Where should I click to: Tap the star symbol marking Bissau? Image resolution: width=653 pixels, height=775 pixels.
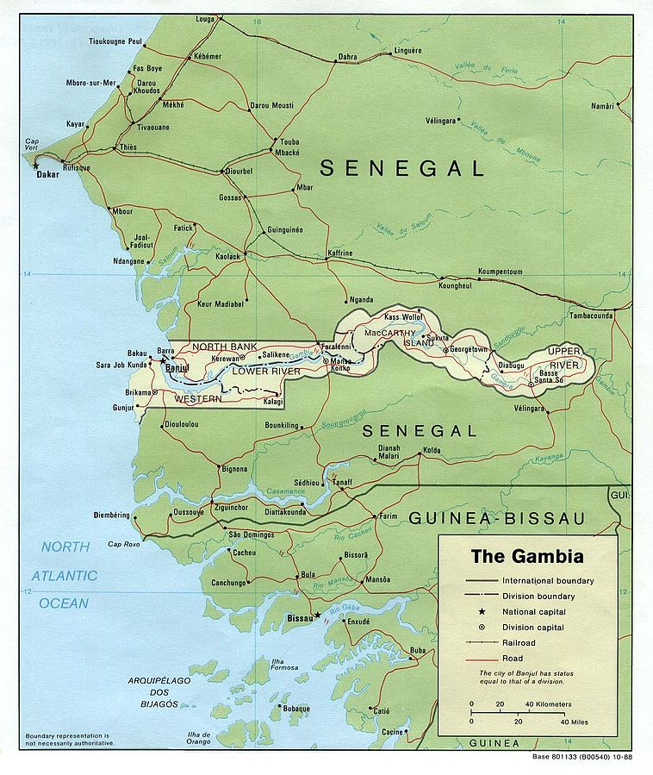(x=318, y=615)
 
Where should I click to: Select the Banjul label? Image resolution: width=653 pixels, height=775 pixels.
(x=177, y=368)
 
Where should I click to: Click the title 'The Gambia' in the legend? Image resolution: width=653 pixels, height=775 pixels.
(x=526, y=556)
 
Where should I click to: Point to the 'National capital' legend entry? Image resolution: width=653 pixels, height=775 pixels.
(x=534, y=612)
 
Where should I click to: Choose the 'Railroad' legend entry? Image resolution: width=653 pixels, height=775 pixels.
(x=519, y=642)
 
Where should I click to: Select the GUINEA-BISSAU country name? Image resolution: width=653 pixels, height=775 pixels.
(x=496, y=517)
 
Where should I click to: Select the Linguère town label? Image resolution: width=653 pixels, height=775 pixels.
(x=407, y=51)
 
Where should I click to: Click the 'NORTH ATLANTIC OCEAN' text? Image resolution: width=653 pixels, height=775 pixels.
(x=67, y=575)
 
